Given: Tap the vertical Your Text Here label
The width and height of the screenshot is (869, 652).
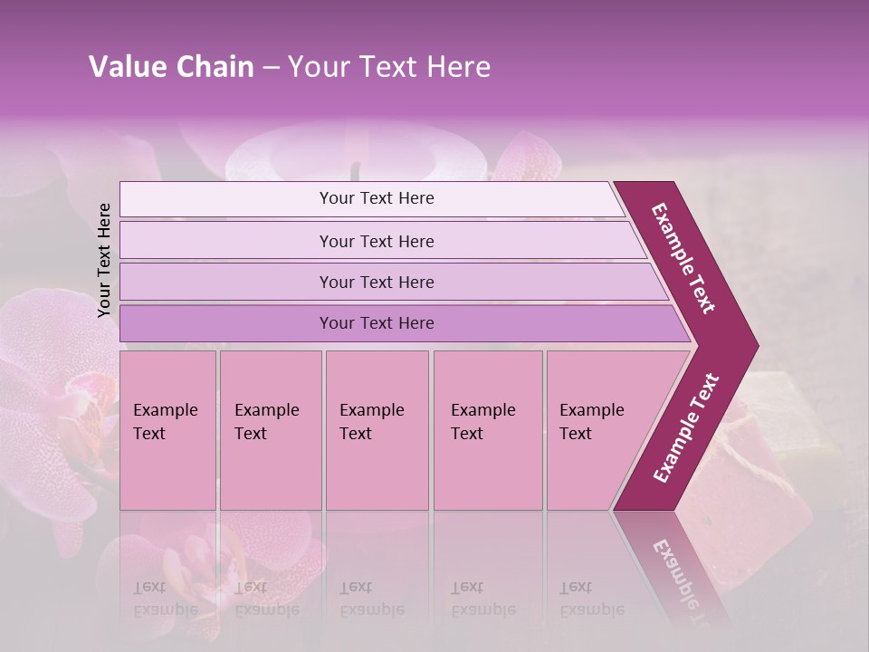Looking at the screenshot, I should (104, 260).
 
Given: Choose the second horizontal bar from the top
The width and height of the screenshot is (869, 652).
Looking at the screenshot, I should (377, 241).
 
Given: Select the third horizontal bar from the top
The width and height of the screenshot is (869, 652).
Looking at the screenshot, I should (377, 282).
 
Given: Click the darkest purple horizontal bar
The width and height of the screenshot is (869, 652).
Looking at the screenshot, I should (377, 323).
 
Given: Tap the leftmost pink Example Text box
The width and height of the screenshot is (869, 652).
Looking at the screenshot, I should (167, 431).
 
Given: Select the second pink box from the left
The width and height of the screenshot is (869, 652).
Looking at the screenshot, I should (270, 431).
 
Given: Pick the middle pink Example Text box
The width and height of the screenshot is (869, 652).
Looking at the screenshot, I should (377, 431).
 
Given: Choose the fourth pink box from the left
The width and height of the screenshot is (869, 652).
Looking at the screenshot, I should (487, 431).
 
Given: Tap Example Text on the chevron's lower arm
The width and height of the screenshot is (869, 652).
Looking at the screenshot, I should (686, 427).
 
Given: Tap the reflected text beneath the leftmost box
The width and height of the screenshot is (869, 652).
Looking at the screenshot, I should (166, 598).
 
